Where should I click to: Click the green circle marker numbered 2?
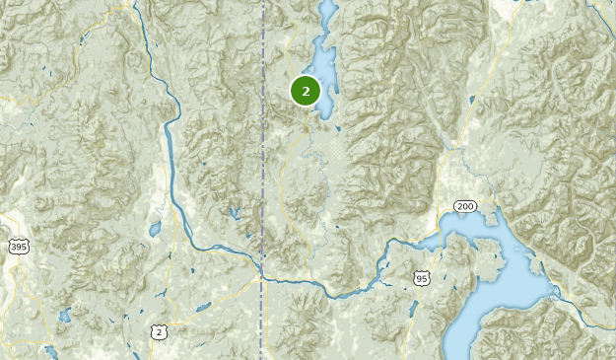(x=306, y=91)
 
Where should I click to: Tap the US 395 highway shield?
(x=17, y=246)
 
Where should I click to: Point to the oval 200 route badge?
(x=465, y=206)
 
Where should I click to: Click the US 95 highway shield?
(x=422, y=280)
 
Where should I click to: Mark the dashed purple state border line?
(x=263, y=148)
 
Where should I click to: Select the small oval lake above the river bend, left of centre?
(x=155, y=229)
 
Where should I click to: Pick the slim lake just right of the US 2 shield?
(x=203, y=308)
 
